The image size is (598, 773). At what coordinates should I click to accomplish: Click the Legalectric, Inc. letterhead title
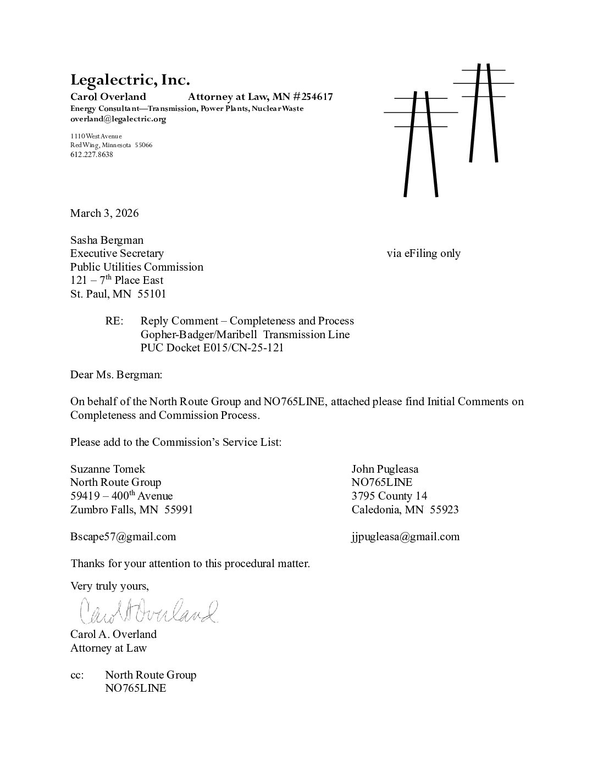point(130,80)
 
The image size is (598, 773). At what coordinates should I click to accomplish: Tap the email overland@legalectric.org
point(118,119)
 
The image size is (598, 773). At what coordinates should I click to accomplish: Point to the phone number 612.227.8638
point(91,154)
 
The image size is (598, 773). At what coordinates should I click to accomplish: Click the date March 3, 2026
point(104,213)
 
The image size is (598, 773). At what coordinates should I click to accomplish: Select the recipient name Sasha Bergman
point(107,240)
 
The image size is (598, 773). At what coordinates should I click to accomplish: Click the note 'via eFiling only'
point(423,253)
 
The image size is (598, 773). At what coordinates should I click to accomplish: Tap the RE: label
point(114,321)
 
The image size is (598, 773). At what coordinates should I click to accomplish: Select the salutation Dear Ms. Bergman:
point(116,374)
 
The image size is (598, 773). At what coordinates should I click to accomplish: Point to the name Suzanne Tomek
point(108,469)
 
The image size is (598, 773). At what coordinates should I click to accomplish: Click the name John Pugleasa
point(385,469)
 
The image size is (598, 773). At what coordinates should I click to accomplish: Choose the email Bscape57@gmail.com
point(123,536)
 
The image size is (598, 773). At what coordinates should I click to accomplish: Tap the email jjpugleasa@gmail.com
point(406,536)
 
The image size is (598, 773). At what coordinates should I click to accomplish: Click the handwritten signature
point(148,610)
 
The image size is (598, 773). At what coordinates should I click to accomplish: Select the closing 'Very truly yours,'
point(109,586)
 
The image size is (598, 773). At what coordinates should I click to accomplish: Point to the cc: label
point(77,675)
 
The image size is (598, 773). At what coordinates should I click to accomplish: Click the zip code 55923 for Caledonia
point(444,509)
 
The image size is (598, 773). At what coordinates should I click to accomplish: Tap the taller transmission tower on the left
point(421,143)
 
